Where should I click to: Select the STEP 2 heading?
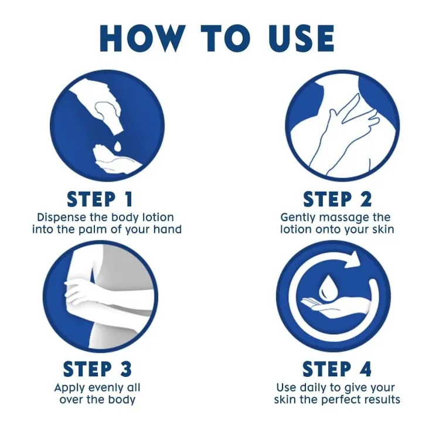click(337, 199)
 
